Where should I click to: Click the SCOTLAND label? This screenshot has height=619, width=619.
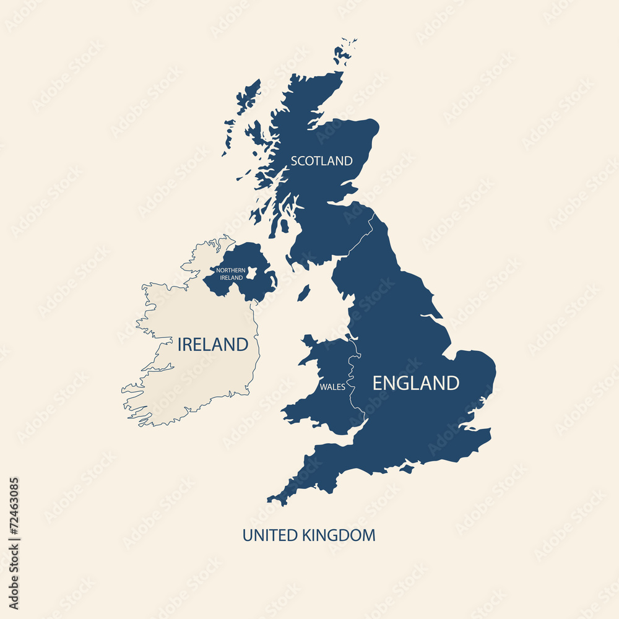321,161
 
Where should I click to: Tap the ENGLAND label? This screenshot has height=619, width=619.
415,383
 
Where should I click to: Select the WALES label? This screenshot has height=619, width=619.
332,387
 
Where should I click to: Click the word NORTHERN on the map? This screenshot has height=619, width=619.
231,271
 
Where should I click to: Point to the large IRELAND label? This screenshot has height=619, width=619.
213,345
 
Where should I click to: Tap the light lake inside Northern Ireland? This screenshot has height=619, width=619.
253,273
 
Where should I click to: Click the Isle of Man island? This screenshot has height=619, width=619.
303,293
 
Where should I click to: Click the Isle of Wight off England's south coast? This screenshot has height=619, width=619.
407,469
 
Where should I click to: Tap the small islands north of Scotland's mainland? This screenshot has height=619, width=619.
344,51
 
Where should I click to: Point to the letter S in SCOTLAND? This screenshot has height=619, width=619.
295,161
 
